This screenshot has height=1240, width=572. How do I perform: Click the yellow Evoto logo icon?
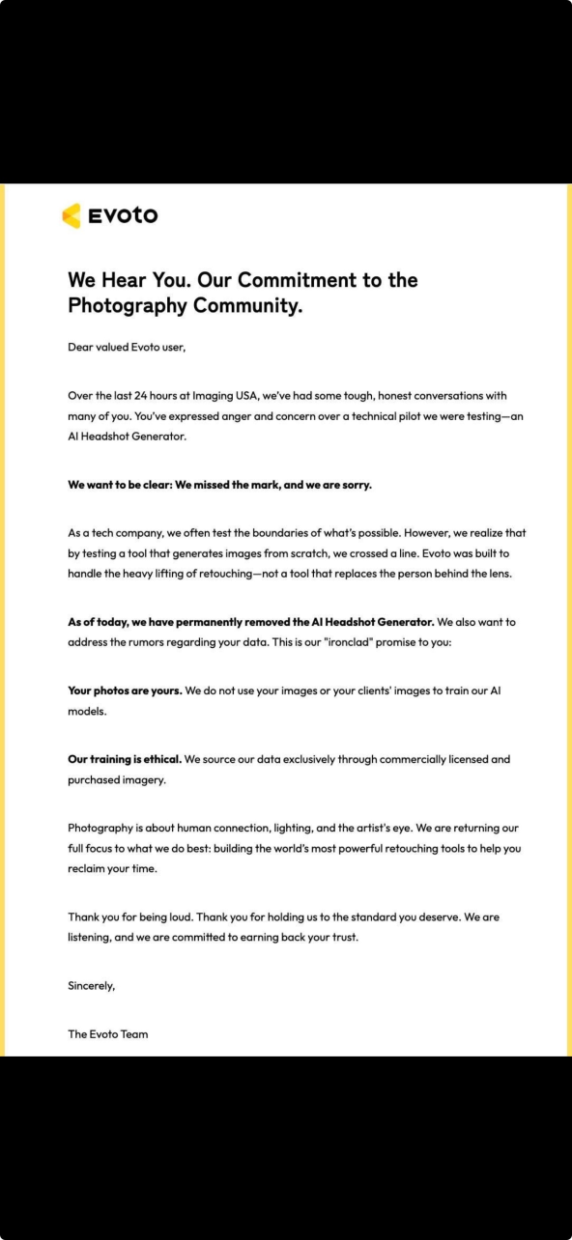71,215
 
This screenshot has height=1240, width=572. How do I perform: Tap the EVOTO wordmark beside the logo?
123,216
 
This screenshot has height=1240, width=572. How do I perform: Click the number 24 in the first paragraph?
160,395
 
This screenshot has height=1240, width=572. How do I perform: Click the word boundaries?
315,532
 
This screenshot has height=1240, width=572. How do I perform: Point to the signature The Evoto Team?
108,1034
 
